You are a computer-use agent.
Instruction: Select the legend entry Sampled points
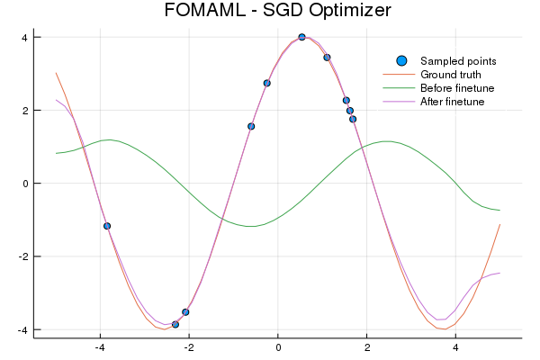point(452,60)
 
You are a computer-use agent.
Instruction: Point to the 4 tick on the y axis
point(25,37)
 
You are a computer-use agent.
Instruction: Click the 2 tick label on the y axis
point(25,110)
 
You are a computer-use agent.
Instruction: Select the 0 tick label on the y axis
point(25,184)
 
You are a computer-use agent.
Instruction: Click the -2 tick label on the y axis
point(23,256)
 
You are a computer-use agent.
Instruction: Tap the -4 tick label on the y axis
point(23,330)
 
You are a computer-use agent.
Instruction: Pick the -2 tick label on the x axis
point(189,347)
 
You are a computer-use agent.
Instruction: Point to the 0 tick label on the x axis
point(278,347)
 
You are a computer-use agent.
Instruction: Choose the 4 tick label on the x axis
point(455,347)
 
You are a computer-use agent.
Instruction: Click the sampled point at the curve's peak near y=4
point(301,37)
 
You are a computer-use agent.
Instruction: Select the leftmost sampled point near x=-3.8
point(107,226)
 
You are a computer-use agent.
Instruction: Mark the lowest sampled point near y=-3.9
point(175,324)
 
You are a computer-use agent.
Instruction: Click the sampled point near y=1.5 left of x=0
point(251,126)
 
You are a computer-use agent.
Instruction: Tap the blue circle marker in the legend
point(401,60)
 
